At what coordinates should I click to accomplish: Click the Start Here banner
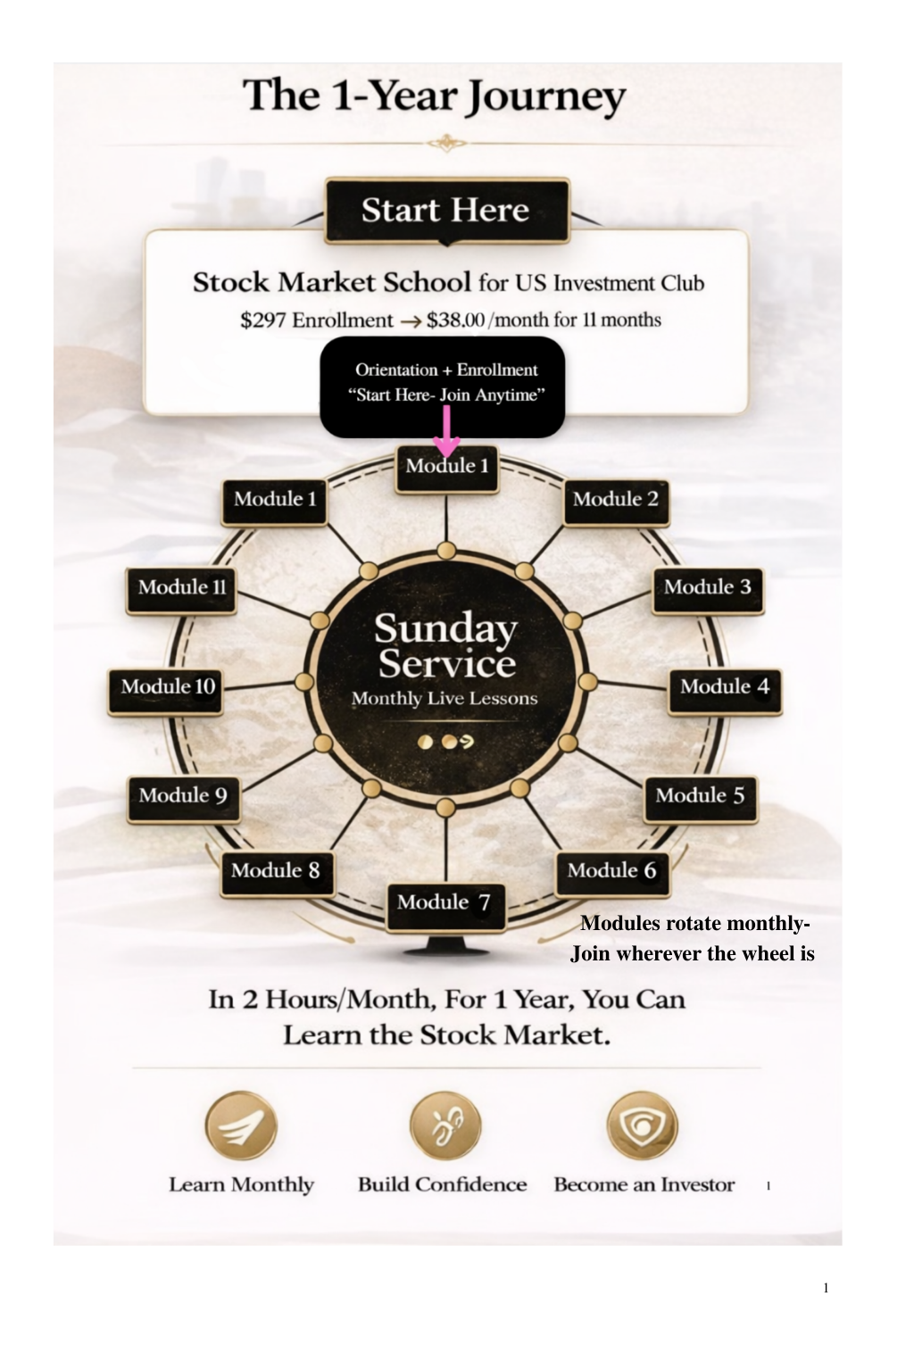point(446,211)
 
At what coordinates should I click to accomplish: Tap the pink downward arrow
point(446,435)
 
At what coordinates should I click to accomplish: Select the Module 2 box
point(616,500)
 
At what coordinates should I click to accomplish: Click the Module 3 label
point(707,587)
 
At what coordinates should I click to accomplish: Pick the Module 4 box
point(724,687)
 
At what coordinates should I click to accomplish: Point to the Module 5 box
point(700,796)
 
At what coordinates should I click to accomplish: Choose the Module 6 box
point(611,871)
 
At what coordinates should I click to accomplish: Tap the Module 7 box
point(445,903)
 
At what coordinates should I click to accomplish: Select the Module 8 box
point(276,871)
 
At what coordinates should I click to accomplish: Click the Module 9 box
point(183,796)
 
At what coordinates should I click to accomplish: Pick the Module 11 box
point(182,587)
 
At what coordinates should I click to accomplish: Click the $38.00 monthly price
point(456,320)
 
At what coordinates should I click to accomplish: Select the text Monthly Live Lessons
point(445,699)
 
